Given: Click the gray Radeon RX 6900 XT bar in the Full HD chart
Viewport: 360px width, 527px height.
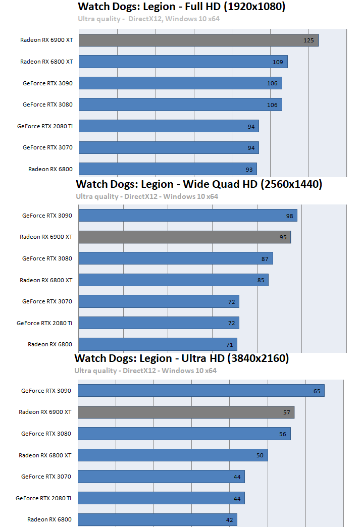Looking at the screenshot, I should pos(198,40).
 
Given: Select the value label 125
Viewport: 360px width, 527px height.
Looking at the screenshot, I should pos(308,40).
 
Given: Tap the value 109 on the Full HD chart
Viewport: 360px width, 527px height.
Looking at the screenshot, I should pos(278,62).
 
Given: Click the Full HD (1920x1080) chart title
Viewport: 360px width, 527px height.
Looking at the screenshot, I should pos(181,7).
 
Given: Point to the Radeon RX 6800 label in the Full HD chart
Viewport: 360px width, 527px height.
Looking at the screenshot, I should pos(50,169).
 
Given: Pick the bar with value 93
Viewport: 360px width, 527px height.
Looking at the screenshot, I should pos(168,169).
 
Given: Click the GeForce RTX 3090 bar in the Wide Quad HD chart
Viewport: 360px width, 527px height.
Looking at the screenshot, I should pos(188,216).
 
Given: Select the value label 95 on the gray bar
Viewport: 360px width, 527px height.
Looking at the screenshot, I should pos(283,237).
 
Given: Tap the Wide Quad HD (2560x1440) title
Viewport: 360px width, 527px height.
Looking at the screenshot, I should pos(199,184).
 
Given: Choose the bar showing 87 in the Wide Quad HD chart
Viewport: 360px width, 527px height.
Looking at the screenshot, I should pos(176,258).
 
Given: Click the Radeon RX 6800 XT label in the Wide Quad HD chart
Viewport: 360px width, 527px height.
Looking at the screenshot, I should pos(46,280).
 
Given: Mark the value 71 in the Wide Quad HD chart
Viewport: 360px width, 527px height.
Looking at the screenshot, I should pos(229,345).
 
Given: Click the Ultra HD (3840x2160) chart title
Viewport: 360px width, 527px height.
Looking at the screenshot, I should pos(182,358).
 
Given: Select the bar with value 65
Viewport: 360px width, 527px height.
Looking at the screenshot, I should pos(201,391).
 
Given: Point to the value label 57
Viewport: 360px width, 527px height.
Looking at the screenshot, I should pos(287,412).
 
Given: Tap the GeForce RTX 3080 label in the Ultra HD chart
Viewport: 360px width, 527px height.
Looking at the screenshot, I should pos(46,434).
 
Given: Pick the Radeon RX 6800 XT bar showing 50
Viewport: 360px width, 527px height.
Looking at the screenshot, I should pos(173,455).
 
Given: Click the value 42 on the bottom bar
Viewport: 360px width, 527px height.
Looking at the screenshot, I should pos(229,519).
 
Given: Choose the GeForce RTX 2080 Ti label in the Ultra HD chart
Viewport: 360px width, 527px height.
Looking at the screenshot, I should pos(43,498).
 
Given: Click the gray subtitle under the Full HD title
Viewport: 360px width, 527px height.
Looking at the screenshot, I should pos(149,19).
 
